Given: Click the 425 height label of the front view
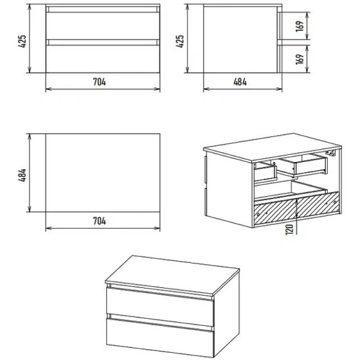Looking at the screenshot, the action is (x=22, y=41).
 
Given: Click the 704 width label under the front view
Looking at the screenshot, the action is (x=99, y=82).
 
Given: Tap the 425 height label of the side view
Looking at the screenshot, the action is (x=180, y=41).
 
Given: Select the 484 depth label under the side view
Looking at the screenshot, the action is (x=240, y=82).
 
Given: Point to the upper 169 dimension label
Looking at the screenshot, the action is (x=299, y=26).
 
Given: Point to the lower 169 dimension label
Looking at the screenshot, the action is (x=299, y=59).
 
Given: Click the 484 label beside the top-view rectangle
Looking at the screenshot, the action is (x=22, y=175).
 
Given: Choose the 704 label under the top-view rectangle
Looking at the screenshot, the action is (x=99, y=221).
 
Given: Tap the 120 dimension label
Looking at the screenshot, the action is (x=290, y=229).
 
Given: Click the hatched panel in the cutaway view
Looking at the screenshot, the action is (x=296, y=208).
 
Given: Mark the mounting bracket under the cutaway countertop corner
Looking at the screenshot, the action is (x=330, y=152).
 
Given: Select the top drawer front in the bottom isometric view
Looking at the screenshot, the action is (x=160, y=306).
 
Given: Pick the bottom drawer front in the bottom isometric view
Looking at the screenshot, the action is (x=160, y=337).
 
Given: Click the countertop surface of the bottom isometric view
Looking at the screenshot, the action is (x=172, y=275).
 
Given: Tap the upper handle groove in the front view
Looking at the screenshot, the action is (x=103, y=10).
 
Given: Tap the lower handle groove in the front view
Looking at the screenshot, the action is (x=103, y=42).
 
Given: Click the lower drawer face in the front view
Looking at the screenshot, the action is (x=103, y=59).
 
